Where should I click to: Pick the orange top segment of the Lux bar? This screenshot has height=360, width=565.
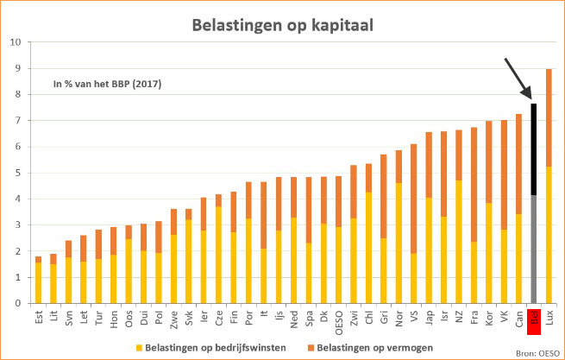click(x=549, y=117)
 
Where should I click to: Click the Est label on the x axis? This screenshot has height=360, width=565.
click(x=39, y=316)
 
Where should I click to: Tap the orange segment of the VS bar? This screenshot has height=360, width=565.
click(x=414, y=199)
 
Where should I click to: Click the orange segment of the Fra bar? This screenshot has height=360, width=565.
click(x=474, y=185)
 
